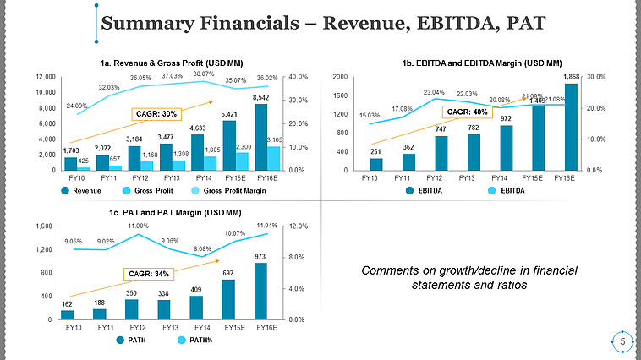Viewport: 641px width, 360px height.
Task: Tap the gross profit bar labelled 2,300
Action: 242,161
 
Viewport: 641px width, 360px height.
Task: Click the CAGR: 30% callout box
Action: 157,113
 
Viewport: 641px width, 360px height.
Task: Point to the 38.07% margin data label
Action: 203,74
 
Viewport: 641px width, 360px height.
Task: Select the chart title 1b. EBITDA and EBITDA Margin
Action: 482,63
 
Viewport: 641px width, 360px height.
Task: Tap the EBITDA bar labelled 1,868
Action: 572,126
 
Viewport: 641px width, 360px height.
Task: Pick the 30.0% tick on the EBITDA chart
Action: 597,77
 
